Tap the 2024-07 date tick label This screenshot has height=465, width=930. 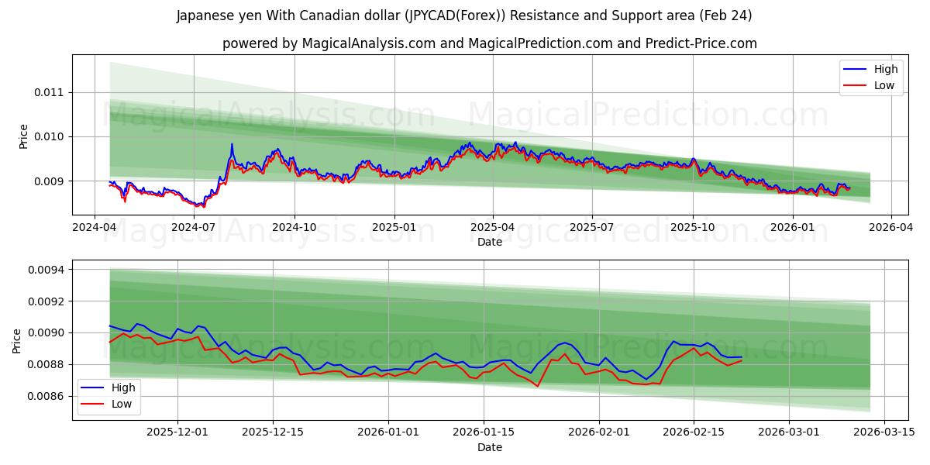pyautogui.click(x=194, y=227)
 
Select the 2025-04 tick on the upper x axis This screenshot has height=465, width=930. pyautogui.click(x=493, y=227)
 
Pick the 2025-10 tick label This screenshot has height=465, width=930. pyautogui.click(x=692, y=227)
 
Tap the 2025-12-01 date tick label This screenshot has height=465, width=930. pyautogui.click(x=177, y=432)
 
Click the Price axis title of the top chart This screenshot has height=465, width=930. pyautogui.click(x=23, y=136)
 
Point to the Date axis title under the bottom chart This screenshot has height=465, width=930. pyautogui.click(x=489, y=447)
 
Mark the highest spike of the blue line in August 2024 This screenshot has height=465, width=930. pyautogui.click(x=231, y=143)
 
